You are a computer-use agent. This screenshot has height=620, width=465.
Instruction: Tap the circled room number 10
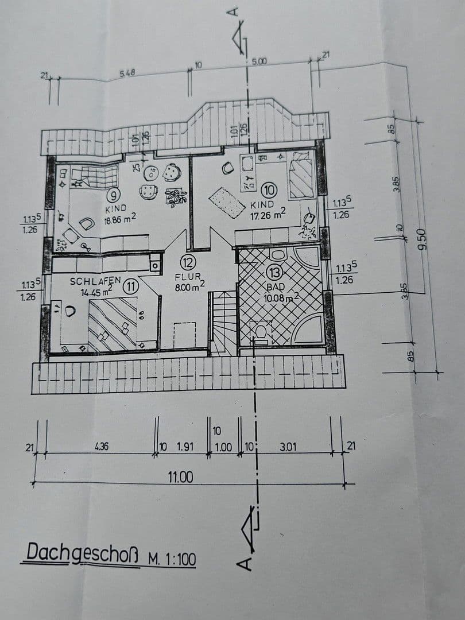click(x=269, y=189)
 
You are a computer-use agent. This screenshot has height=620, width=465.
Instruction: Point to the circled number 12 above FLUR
click(x=188, y=263)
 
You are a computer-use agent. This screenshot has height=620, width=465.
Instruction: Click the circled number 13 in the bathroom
click(x=276, y=272)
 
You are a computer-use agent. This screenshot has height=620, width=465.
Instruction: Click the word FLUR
click(x=188, y=276)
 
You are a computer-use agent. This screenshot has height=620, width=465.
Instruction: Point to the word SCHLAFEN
click(x=95, y=281)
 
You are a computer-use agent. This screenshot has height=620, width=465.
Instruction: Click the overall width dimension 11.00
click(x=180, y=476)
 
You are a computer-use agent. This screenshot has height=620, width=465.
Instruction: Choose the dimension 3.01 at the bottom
click(x=288, y=446)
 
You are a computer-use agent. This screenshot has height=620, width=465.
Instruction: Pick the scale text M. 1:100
click(x=171, y=559)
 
